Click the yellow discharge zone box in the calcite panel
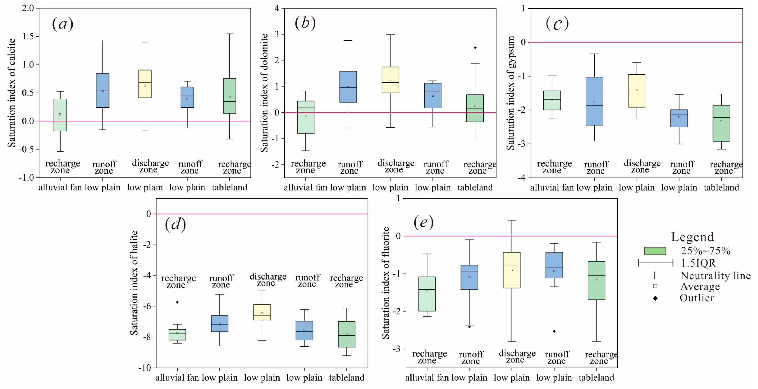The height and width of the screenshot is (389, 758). click(145, 84)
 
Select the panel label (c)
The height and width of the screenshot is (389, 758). click(557, 24)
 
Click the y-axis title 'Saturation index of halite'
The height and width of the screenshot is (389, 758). click(134, 283)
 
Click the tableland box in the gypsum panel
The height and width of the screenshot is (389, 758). click(721, 124)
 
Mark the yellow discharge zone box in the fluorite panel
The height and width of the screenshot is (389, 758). click(512, 270)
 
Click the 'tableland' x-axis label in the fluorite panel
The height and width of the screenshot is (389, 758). click(597, 377)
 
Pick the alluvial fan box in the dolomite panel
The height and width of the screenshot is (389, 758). click(306, 117)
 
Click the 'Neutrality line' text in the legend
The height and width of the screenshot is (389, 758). click(716, 276)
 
